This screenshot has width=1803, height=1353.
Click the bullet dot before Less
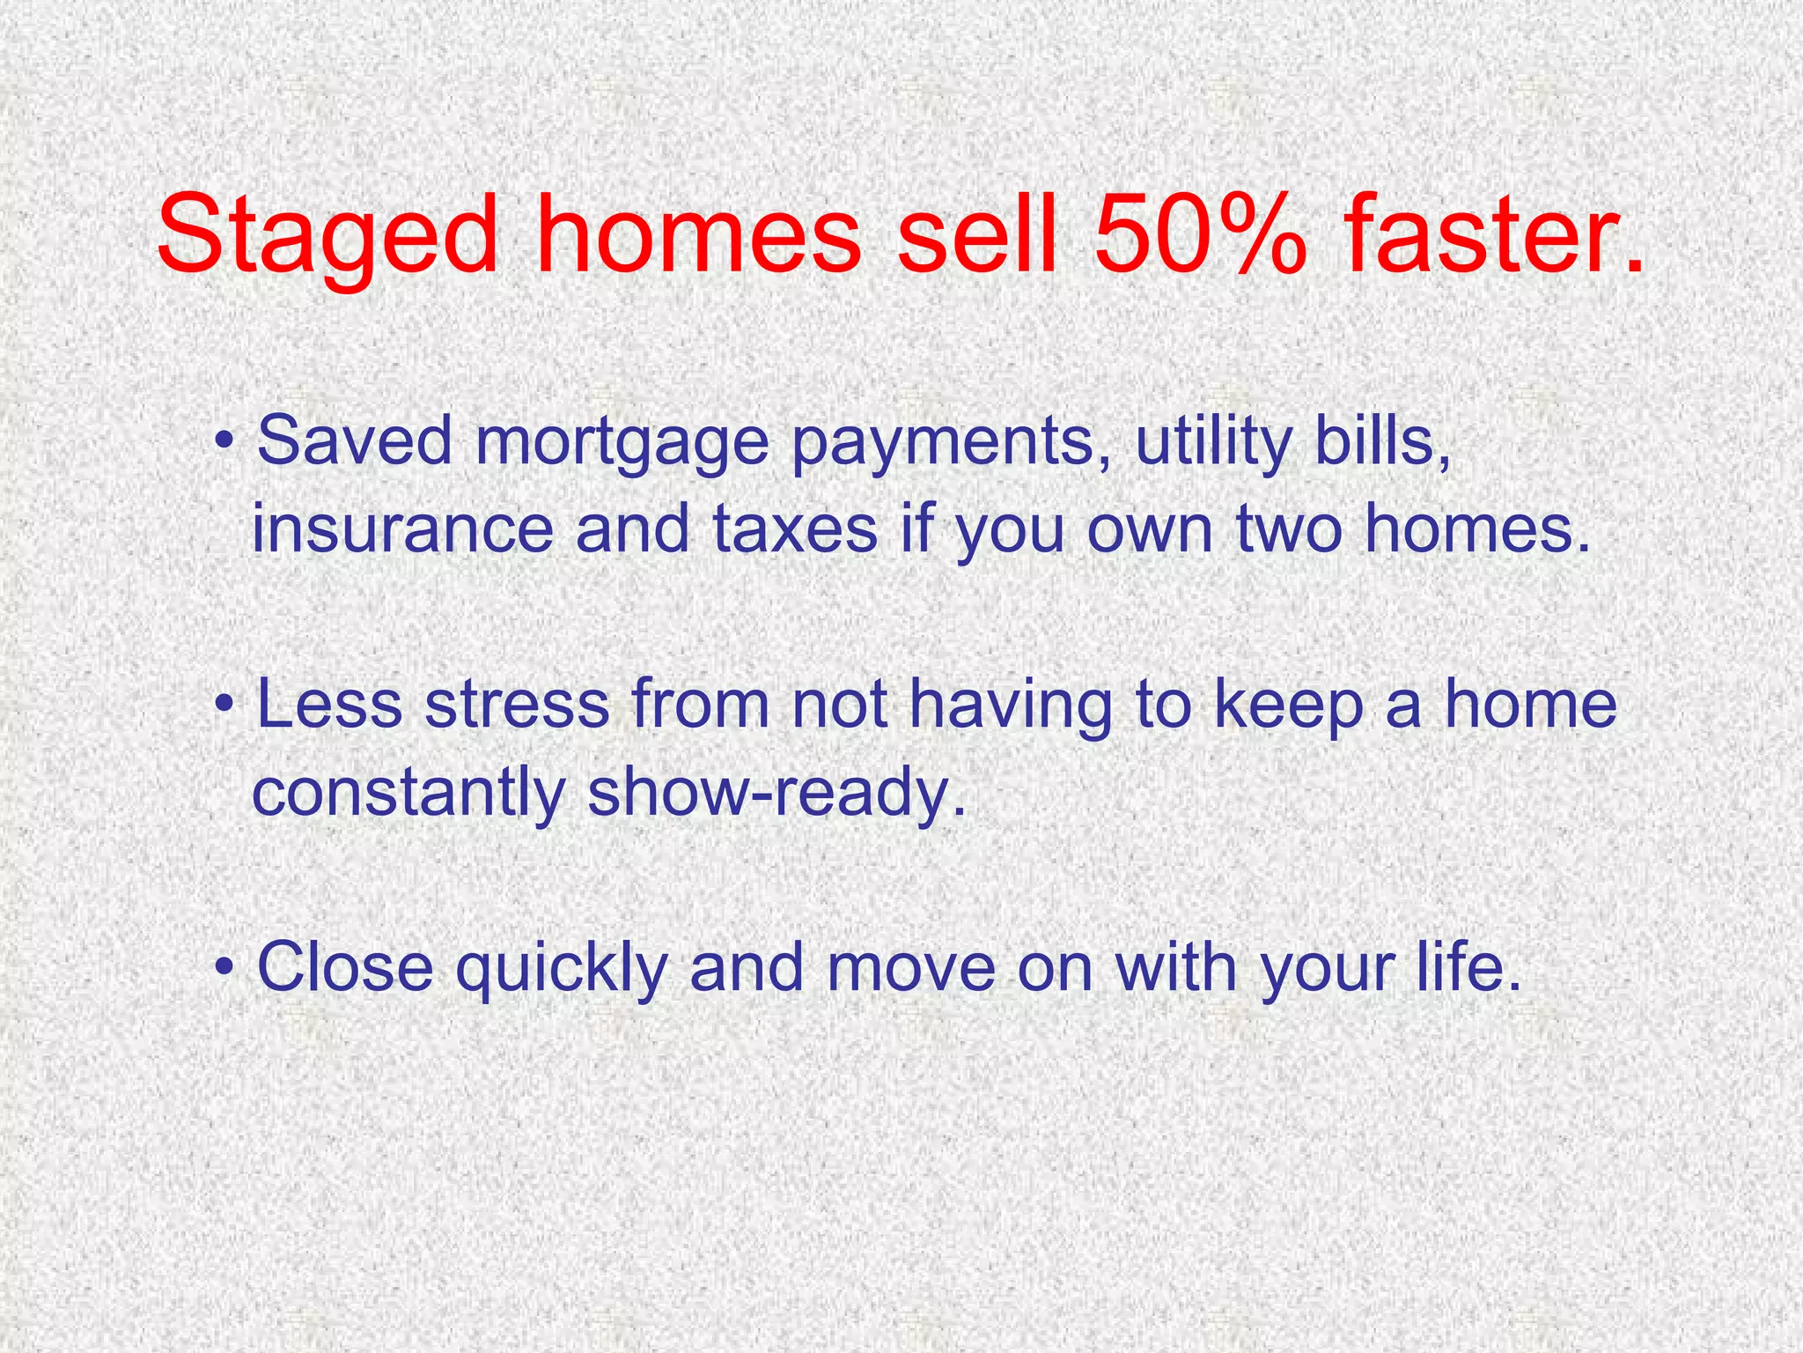coord(226,706)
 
